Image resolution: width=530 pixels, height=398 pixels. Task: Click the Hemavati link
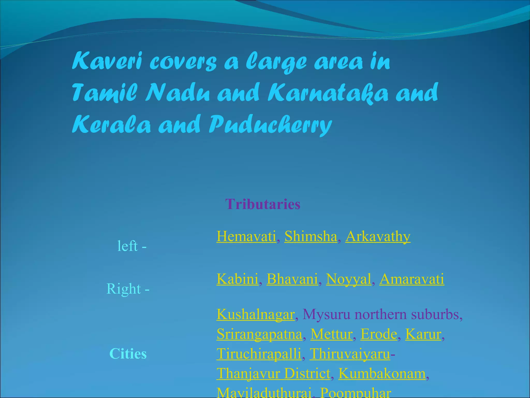246,236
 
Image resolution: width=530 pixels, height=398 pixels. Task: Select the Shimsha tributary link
311,236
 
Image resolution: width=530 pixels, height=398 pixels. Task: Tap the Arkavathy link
378,236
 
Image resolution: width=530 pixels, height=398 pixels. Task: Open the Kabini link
237,279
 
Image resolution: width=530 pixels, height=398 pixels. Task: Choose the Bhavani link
292,279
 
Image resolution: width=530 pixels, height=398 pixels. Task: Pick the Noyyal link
349,279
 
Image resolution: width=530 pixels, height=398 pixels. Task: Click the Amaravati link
412,279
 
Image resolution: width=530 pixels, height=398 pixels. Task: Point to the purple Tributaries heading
263,204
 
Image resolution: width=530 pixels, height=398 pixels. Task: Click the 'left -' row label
132,246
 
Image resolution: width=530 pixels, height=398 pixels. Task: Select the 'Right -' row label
128,288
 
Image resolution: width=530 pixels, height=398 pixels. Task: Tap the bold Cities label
128,354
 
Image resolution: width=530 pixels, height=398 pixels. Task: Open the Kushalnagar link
255,314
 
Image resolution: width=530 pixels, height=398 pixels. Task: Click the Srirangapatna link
259,334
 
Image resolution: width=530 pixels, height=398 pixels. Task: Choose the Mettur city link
332,334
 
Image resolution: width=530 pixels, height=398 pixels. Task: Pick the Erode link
379,334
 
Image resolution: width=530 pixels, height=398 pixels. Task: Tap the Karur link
423,334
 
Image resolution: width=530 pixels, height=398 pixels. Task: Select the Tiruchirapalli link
259,354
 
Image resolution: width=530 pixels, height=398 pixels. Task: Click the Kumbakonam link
382,373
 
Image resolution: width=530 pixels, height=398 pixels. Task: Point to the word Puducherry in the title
270,125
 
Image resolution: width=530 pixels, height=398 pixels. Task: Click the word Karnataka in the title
328,93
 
